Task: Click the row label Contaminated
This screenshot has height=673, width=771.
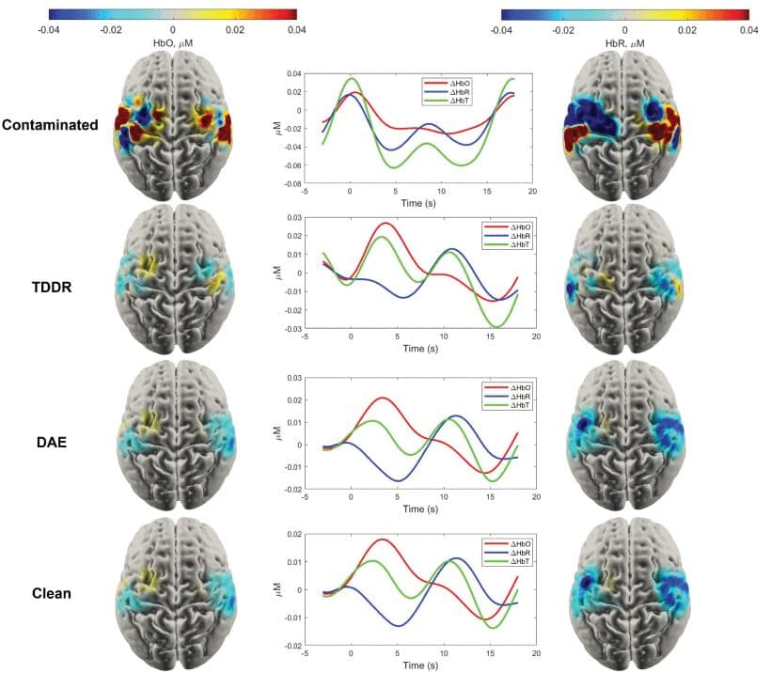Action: [50, 125]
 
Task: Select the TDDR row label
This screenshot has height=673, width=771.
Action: [52, 287]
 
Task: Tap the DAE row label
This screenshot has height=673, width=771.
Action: [52, 443]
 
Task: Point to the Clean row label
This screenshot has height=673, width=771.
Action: [52, 593]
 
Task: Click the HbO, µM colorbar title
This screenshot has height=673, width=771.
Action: [173, 43]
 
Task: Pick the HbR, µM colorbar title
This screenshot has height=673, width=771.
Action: [625, 43]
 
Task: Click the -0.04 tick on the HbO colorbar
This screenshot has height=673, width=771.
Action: [49, 30]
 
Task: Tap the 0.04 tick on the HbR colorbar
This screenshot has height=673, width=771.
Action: [748, 30]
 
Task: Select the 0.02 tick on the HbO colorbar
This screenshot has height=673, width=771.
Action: [234, 30]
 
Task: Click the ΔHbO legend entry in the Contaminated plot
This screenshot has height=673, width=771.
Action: [460, 84]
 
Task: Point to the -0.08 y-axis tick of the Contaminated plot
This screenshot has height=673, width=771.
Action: [293, 184]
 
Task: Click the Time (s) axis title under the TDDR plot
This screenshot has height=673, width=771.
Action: [420, 349]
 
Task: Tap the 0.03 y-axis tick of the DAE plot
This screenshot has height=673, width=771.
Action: [294, 378]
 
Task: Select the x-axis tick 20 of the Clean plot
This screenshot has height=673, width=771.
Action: [536, 653]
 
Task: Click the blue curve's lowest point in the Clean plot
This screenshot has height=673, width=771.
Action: [399, 626]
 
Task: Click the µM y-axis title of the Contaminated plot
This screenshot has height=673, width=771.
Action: [277, 129]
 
